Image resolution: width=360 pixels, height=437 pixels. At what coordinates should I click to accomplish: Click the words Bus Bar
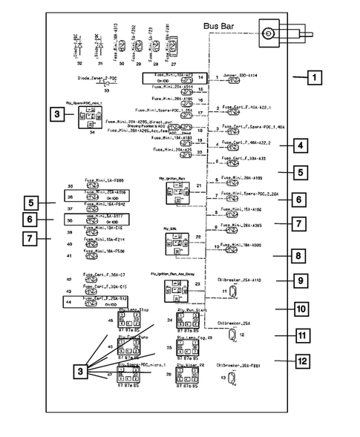221,27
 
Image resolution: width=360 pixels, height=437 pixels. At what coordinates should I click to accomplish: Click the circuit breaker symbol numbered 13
233,379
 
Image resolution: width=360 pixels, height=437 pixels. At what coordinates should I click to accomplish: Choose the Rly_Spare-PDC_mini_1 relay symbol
91,119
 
